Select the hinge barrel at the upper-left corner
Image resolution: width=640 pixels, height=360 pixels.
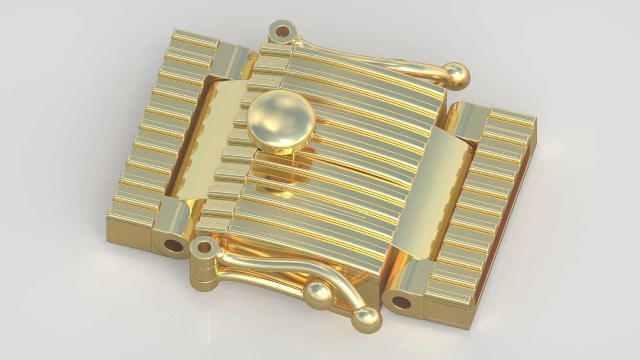[x=236, y=60]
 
